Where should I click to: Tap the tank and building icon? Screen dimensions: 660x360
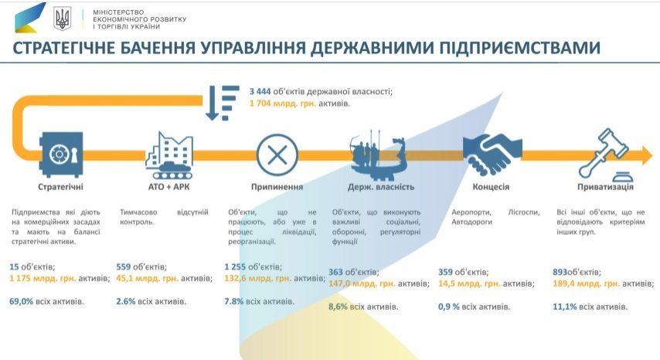(169, 155)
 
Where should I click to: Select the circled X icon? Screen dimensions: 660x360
(277, 155)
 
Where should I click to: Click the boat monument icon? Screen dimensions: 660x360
(378, 155)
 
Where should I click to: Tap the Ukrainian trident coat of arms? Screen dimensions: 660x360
(63, 19)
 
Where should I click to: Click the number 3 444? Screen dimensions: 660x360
(260, 91)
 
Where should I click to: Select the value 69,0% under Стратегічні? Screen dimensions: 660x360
(21, 301)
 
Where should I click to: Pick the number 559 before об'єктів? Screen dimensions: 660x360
(124, 267)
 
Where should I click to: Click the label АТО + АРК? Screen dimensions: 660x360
(168, 187)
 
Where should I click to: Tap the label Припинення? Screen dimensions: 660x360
(277, 187)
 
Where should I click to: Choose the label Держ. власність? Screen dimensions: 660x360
(381, 187)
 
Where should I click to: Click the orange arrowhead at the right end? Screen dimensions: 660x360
(647, 155)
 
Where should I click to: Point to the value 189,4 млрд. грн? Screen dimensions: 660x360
(586, 284)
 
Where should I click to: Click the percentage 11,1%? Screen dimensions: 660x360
(564, 307)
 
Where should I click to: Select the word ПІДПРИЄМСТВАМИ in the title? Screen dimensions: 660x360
(519, 48)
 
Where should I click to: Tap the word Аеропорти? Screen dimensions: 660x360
(471, 212)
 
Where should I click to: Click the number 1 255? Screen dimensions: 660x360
(234, 267)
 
